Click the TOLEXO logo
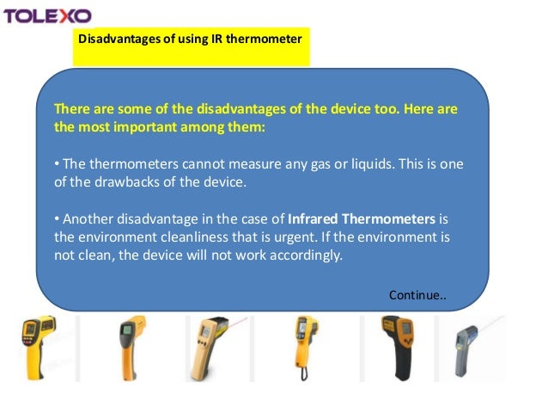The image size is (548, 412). click(x=48, y=15)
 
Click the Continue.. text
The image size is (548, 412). click(x=417, y=295)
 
